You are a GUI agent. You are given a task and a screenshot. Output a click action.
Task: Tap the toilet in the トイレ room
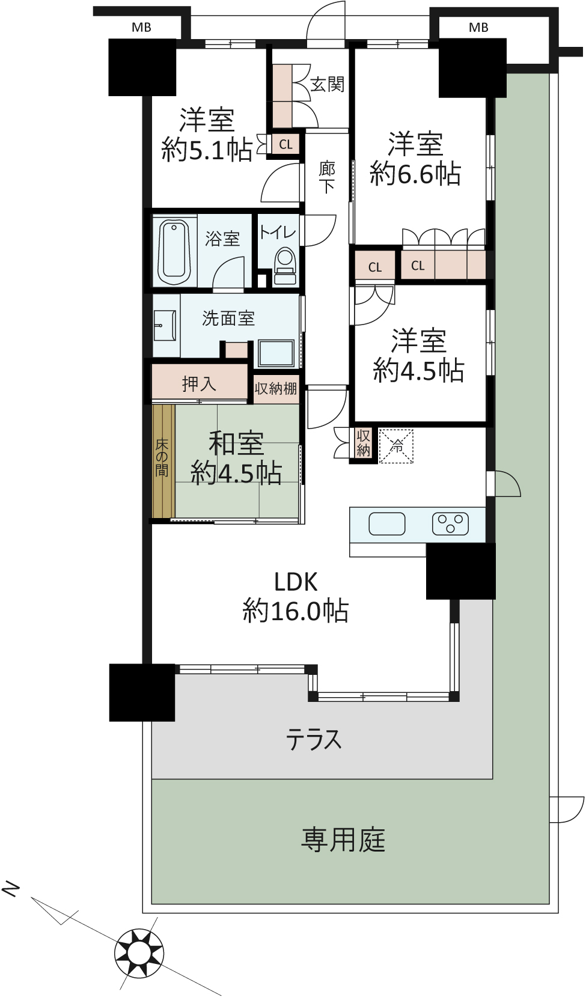[284, 267]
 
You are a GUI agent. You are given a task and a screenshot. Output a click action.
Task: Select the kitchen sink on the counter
[387, 523]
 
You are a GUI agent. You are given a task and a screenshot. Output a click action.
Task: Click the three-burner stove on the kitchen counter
[450, 523]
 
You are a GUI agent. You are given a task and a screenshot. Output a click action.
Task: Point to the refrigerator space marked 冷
[396, 445]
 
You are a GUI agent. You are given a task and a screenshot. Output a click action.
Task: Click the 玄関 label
[328, 84]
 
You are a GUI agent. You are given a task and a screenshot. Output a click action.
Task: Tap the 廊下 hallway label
[328, 177]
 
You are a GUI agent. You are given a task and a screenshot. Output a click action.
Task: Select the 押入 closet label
[198, 383]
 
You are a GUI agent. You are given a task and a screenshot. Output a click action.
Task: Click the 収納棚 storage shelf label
[276, 389]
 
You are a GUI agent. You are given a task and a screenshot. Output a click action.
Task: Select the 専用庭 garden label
[343, 840]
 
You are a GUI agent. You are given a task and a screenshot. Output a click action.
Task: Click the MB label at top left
[141, 28]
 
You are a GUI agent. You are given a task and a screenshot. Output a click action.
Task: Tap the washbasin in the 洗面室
[165, 325]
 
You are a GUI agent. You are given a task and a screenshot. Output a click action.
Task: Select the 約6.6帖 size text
[415, 174]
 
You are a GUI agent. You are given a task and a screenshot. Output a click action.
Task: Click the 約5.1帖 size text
[207, 150]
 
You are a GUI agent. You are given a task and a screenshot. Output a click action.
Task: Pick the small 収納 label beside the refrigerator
[364, 443]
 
